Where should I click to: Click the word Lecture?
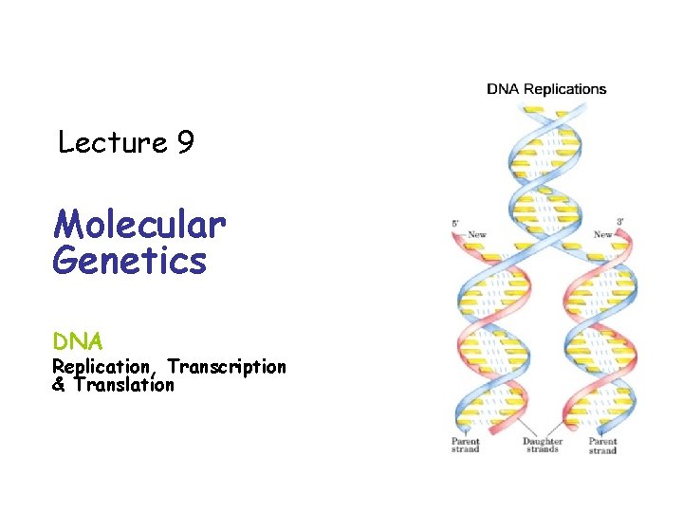112,143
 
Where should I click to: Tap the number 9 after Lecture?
185,143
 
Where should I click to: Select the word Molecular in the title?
139,225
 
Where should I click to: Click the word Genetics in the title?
129,260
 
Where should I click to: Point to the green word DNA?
78,339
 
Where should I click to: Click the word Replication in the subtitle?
101,366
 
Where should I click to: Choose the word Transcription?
227,366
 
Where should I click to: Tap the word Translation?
123,384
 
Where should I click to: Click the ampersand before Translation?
59,384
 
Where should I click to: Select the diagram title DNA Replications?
546,89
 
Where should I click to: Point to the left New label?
477,234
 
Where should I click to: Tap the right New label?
602,234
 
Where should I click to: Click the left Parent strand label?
466,446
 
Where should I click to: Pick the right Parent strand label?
602,446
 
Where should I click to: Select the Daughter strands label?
543,446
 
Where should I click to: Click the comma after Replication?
151,372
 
